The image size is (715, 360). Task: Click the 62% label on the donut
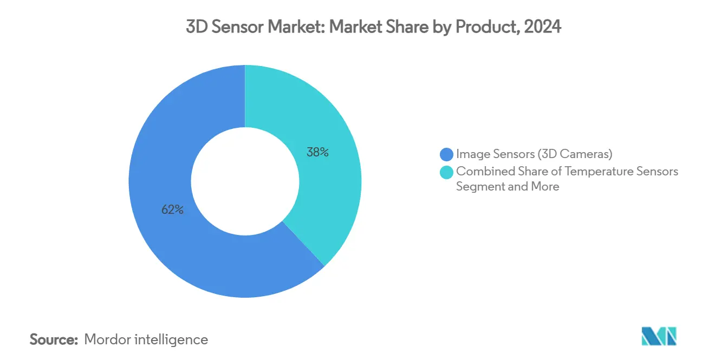tap(172, 210)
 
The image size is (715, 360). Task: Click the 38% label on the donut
tap(317, 153)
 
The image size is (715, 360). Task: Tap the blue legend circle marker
tap(447, 154)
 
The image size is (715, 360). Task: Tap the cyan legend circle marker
tap(447, 172)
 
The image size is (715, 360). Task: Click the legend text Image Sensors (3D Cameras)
tap(534, 154)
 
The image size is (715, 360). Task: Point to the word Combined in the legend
tap(480, 172)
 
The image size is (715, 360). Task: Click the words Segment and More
tap(508, 187)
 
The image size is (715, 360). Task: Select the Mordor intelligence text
tap(146, 340)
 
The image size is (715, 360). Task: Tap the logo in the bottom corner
tap(659, 336)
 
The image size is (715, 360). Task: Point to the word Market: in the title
tap(300, 28)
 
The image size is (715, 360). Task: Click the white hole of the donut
tap(245, 181)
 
